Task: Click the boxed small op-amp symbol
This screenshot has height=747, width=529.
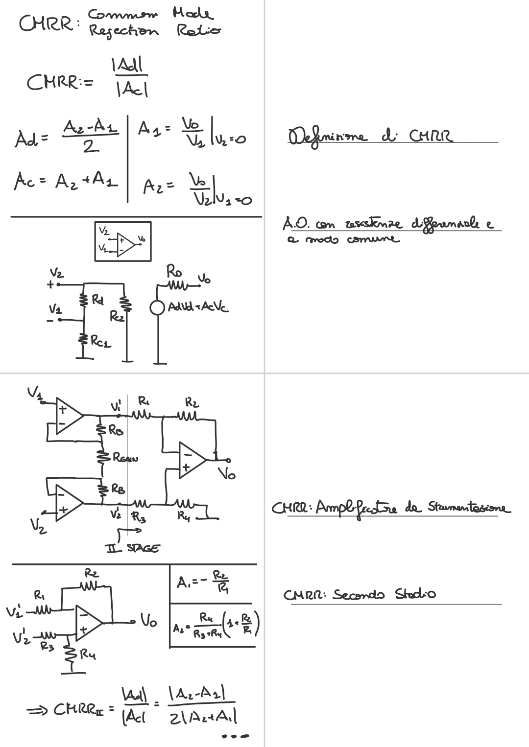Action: click(x=122, y=241)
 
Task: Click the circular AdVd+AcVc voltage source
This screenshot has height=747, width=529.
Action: click(x=157, y=308)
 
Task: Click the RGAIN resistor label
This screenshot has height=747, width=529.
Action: click(x=125, y=458)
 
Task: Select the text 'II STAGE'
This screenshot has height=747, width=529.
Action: click(x=132, y=548)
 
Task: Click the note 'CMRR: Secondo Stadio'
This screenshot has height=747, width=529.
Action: click(x=360, y=595)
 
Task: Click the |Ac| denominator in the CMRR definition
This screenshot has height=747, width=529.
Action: click(x=131, y=89)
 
